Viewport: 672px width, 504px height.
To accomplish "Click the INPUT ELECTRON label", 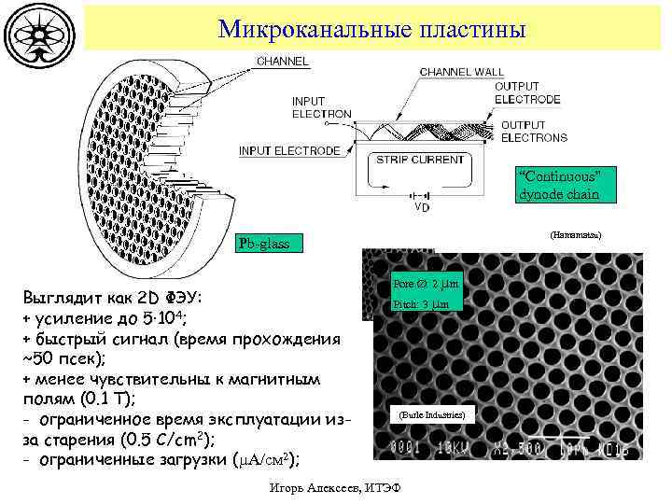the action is [x=321, y=107].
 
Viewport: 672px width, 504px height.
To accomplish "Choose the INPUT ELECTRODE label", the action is [x=289, y=150].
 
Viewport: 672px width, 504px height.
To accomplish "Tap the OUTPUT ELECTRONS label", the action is [x=533, y=132].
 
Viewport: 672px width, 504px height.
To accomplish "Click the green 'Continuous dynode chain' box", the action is [x=558, y=186].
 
